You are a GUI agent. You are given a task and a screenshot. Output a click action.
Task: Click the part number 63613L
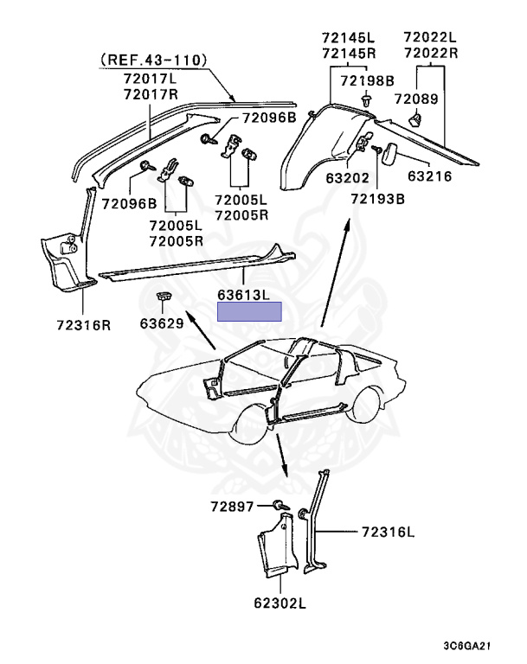pyautogui.click(x=243, y=295)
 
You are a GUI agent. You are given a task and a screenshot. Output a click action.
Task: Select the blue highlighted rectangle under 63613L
pyautogui.click(x=249, y=312)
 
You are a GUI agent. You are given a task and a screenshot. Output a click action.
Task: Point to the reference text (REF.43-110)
pyautogui.click(x=154, y=60)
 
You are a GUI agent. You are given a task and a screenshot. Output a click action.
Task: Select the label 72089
pyautogui.click(x=416, y=99)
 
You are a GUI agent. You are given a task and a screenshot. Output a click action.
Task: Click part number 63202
pyautogui.click(x=325, y=179)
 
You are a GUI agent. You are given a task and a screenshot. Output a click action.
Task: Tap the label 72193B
pyautogui.click(x=377, y=198)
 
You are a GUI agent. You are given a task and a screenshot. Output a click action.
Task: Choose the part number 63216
pyautogui.click(x=430, y=179)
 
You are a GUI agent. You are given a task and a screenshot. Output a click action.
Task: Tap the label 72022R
pyautogui.click(x=429, y=52)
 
